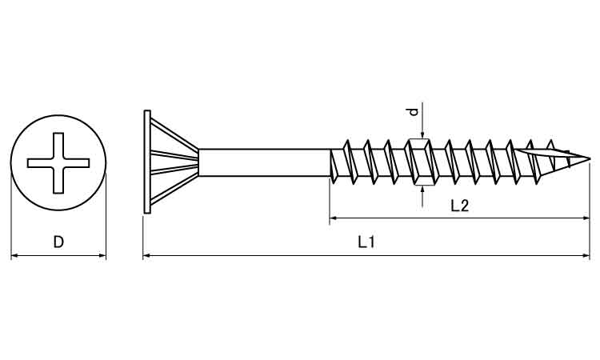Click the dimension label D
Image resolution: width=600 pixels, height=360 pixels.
pos(58,242)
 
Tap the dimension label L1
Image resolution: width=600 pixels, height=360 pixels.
pos(366,242)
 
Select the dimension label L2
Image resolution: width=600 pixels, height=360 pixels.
pos(459,206)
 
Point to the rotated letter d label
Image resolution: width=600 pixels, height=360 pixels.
pos(414,112)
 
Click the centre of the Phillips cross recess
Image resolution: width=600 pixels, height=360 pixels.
pos(58,163)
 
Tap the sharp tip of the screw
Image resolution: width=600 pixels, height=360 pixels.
pos(590,158)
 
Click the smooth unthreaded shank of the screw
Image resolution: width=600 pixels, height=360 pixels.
pos(264,162)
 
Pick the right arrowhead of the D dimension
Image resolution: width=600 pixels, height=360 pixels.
pos(102,255)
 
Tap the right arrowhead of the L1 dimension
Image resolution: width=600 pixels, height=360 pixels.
pos(586,255)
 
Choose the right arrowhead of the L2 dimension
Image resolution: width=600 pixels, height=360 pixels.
pos(586,218)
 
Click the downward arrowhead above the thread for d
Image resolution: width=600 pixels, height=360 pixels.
pos(422,134)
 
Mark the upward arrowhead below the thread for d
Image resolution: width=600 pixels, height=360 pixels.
pos(422,190)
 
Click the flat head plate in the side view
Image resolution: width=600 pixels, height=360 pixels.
pos(147,162)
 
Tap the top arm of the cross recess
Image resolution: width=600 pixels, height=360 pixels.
pos(58,146)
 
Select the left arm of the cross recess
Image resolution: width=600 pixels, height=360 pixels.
pos(40,163)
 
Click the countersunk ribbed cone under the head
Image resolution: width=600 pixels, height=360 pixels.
pos(174,162)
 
